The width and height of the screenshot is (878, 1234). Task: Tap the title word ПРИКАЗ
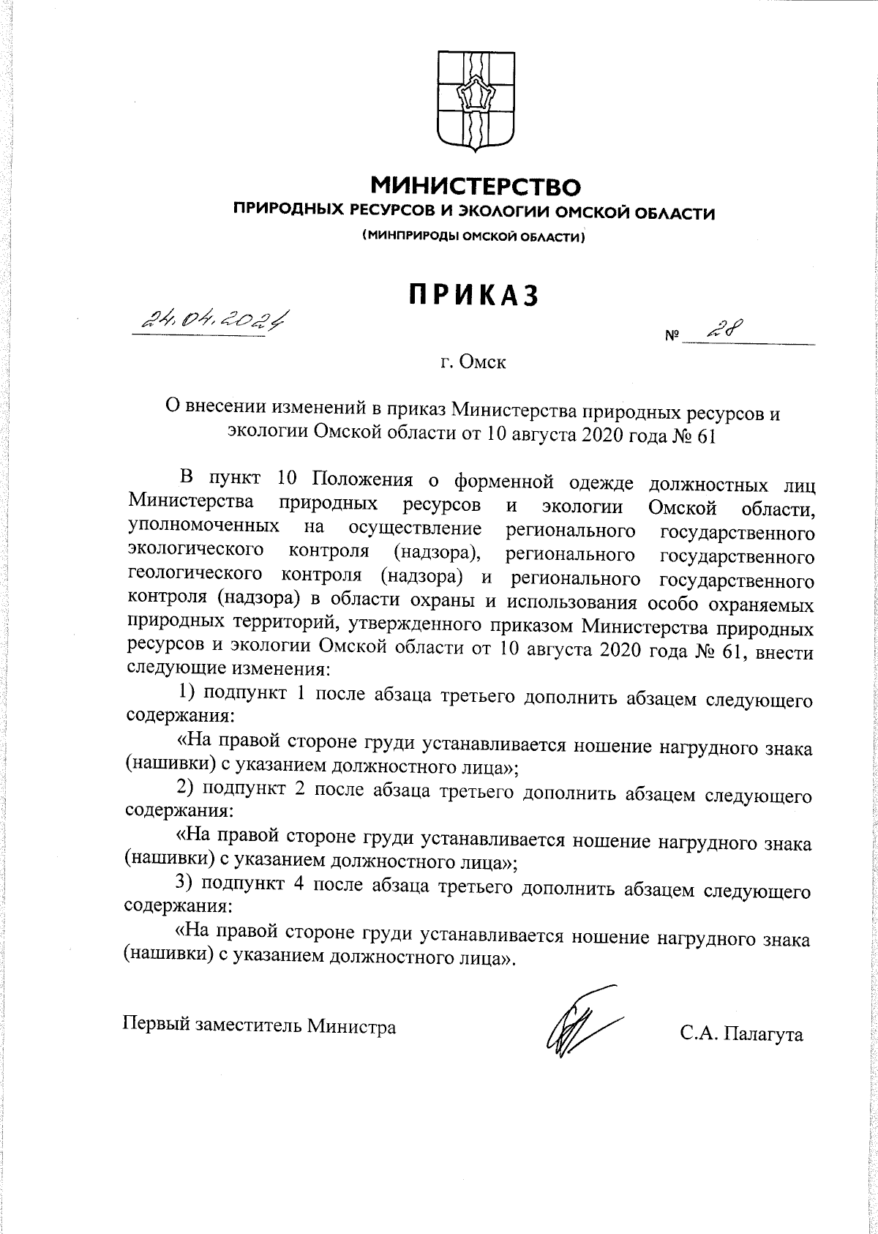point(474,294)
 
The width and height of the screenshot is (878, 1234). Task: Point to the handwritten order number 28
point(721,332)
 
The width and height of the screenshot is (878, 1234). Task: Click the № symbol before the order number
point(671,337)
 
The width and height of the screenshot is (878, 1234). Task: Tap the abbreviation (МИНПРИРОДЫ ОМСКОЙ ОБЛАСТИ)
point(474,236)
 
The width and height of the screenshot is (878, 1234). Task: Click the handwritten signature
point(578,1025)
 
